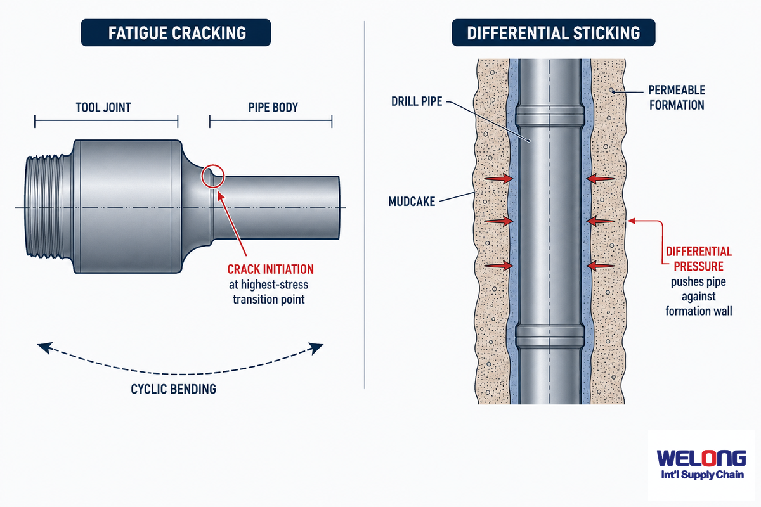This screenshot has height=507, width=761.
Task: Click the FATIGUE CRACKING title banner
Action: point(176,32)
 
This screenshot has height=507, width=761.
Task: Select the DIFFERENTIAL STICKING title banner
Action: point(553,32)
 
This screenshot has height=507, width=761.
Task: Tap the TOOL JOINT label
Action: point(103,108)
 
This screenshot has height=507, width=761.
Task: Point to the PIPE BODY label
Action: point(273,108)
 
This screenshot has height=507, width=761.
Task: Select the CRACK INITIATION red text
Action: point(270,269)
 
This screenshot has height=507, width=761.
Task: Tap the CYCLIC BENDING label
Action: point(173,389)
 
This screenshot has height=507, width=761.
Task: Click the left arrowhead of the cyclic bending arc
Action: point(44,348)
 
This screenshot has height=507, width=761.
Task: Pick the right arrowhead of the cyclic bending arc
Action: point(316,348)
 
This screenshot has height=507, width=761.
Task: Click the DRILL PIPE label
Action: point(417,101)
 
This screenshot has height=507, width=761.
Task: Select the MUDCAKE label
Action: point(412,202)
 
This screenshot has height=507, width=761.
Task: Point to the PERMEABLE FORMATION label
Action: point(677,98)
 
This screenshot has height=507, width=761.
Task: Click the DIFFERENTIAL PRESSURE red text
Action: point(698,259)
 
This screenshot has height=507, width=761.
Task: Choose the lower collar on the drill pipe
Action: point(550,336)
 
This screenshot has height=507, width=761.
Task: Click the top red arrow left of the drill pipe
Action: point(498,178)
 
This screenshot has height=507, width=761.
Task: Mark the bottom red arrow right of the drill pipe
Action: point(601,265)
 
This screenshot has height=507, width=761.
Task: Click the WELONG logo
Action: point(701,465)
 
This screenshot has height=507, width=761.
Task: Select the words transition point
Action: point(269,300)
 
